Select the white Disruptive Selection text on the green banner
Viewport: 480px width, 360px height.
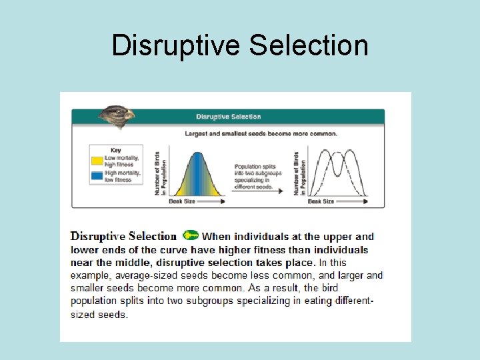pos(228,117)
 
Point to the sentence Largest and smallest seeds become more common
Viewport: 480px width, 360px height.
pos(261,133)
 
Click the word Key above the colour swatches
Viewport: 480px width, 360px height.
pos(116,151)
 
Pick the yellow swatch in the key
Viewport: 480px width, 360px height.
pos(97,161)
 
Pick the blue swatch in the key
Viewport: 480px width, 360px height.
pos(97,176)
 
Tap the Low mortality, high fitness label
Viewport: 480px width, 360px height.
pos(119,161)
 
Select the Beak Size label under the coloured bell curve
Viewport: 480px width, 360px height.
pos(182,201)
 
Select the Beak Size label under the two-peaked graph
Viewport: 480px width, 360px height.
pos(320,201)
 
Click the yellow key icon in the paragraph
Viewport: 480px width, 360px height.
pos(191,235)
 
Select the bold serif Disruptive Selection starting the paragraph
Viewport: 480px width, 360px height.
pos(123,236)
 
